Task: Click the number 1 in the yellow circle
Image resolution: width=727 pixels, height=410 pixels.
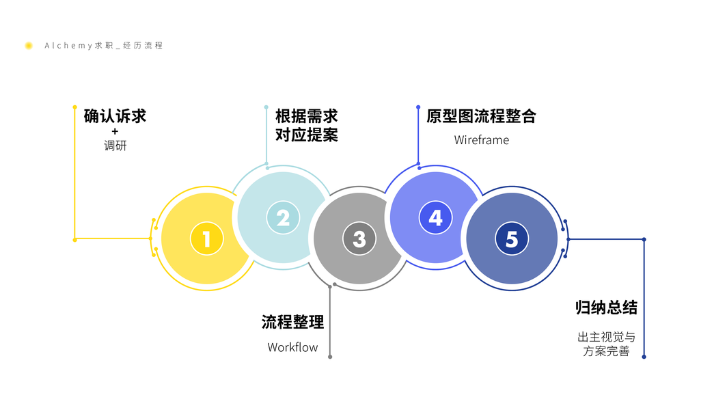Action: click(206, 239)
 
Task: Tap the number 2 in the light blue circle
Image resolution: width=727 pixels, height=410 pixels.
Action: click(283, 218)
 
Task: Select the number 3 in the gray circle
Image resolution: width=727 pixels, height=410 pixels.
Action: click(359, 239)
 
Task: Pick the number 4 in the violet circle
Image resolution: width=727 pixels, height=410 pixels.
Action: click(436, 218)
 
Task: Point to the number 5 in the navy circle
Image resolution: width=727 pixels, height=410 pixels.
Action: click(512, 239)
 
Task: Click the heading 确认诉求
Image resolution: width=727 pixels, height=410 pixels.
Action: click(115, 115)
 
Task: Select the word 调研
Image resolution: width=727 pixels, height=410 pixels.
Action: click(115, 146)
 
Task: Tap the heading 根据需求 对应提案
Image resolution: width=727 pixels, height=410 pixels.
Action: click(307, 125)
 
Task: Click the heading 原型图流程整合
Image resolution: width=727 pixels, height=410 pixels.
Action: click(481, 115)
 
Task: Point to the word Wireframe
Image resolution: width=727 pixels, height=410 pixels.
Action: click(481, 140)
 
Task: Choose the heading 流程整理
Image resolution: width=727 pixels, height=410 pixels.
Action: click(292, 322)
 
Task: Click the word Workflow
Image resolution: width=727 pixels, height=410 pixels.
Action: click(292, 347)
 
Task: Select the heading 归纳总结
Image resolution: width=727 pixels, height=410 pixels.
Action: click(606, 307)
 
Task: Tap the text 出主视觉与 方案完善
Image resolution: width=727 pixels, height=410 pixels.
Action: click(606, 344)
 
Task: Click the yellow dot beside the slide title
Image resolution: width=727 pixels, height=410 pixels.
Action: click(29, 46)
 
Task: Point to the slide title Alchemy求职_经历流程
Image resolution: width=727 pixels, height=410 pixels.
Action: click(103, 46)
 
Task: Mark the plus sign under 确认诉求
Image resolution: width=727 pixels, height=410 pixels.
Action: click(115, 131)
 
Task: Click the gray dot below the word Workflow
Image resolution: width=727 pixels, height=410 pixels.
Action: click(330, 357)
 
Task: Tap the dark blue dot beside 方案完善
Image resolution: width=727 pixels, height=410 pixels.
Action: click(644, 356)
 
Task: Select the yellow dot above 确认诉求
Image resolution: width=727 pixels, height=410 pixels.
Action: click(74, 107)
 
